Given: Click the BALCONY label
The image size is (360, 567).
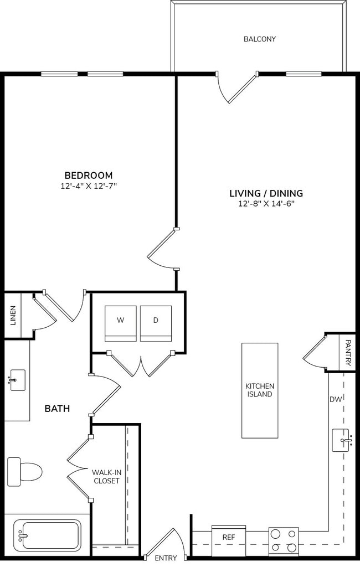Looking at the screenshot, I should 259,39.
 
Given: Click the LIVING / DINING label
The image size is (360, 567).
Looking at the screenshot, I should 266,193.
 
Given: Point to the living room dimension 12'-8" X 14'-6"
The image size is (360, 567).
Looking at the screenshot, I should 266,204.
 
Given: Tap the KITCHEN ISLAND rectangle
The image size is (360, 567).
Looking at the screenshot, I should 259,390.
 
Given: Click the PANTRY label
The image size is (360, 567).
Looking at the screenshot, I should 348,353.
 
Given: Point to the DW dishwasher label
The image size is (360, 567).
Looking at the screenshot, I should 336,399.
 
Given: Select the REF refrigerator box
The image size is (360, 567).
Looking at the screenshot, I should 229,537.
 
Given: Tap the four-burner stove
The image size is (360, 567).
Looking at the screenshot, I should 284,541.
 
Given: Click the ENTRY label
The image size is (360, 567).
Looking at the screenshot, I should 166,558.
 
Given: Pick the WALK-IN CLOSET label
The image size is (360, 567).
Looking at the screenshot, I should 106,476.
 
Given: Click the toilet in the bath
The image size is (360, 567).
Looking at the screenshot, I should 25,471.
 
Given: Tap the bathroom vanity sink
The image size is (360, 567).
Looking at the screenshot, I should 17,380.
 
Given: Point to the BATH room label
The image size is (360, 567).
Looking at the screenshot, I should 57,409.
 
